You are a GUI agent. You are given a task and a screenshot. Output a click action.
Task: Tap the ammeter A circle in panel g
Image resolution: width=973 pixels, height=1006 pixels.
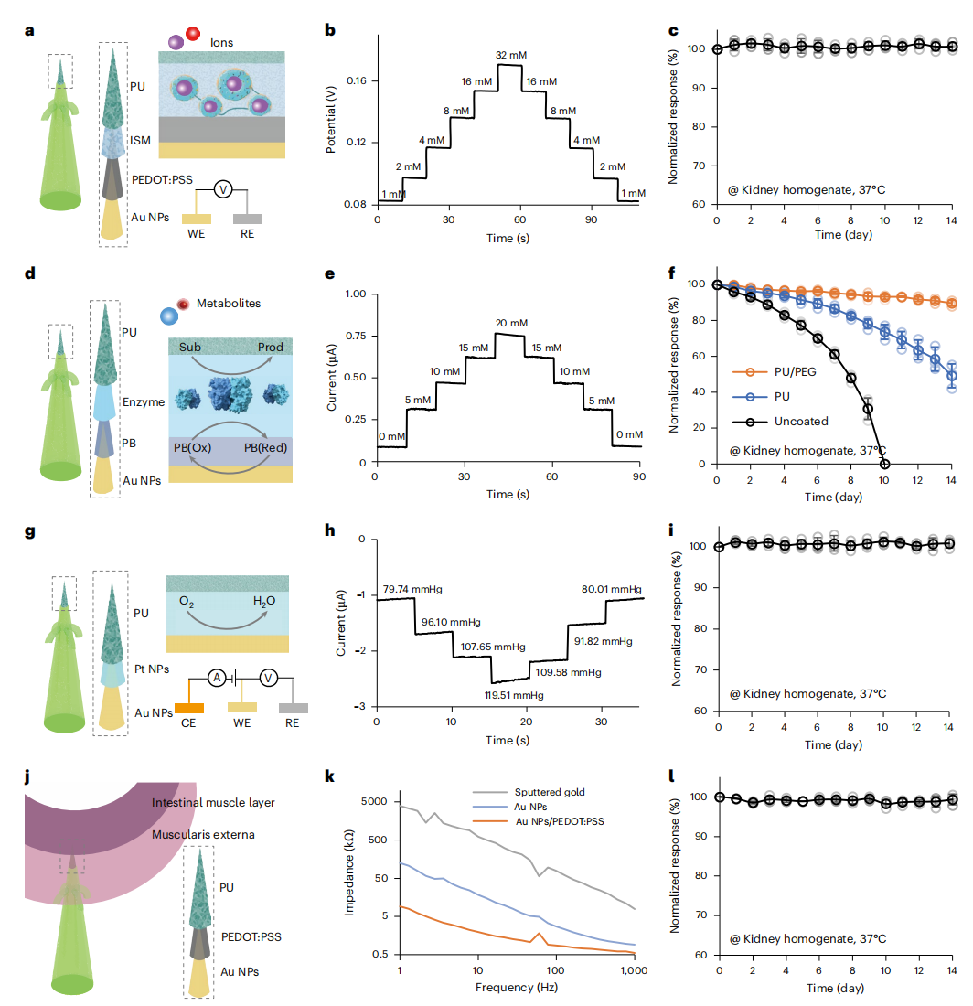tap(216, 678)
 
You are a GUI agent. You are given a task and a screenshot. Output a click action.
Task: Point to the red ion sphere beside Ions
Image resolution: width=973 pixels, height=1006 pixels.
tap(193, 35)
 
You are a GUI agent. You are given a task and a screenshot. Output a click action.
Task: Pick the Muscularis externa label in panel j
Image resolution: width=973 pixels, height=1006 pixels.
tap(215, 834)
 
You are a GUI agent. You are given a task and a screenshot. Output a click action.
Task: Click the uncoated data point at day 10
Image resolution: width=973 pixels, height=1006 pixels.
tap(884, 464)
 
